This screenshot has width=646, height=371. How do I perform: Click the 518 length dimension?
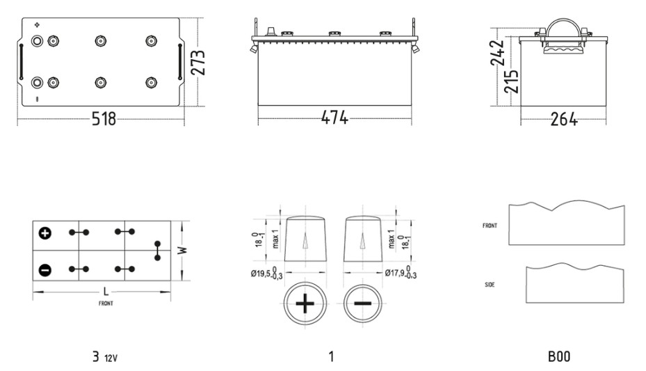click(104, 119)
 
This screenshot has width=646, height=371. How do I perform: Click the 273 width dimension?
click(198, 62)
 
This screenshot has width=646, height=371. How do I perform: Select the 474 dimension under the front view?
click(334, 118)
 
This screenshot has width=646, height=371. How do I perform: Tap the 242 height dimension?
click(497, 53)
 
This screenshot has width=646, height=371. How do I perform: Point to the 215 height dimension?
click(511, 81)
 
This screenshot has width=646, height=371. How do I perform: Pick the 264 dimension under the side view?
click(564, 119)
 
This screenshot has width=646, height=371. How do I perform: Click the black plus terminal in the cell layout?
click(45, 233)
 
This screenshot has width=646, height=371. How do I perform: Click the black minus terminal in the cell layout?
click(45, 270)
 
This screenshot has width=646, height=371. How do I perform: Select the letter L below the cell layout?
click(106, 292)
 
